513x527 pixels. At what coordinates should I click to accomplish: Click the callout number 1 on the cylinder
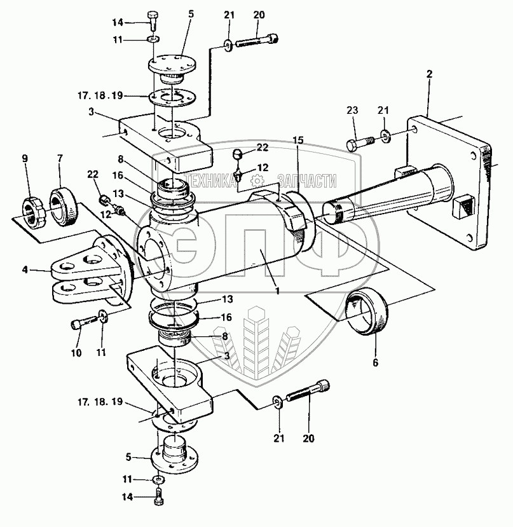pos(278,291)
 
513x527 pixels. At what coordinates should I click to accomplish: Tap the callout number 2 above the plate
pos(429,74)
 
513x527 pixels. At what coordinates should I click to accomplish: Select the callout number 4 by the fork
pos(25,270)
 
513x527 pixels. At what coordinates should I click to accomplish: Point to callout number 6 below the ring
pos(376,362)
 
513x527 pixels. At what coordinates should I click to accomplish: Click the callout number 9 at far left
pos(25,158)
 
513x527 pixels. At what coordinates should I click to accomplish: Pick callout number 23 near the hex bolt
pos(352,111)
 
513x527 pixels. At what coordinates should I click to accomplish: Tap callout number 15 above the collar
pos(298,140)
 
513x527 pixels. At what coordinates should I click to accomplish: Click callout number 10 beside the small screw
pos(76,353)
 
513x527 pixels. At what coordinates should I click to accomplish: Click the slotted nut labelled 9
pos(33,214)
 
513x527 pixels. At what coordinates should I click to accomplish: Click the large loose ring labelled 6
pos(368,311)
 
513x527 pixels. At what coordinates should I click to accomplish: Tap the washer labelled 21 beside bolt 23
pos(383,135)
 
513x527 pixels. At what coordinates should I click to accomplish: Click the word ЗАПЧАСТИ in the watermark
pos(306,181)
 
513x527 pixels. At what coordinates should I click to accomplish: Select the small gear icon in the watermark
pos(257,181)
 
